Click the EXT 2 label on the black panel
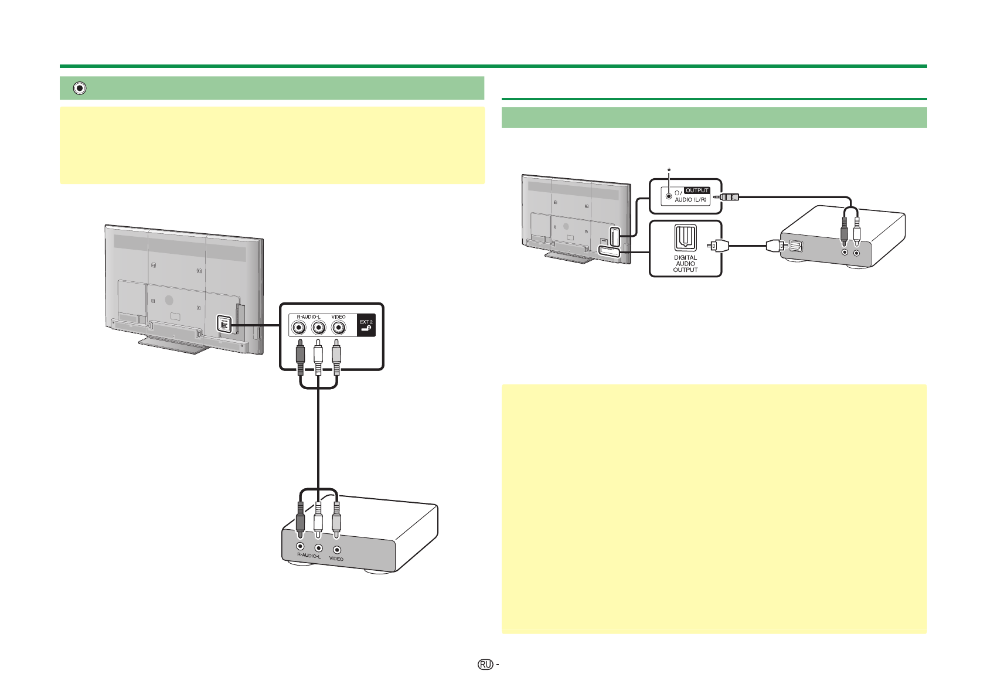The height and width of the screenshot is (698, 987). click(x=366, y=322)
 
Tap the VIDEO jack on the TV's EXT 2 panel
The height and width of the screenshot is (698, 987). click(x=338, y=328)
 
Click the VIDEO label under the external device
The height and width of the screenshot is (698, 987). click(x=336, y=559)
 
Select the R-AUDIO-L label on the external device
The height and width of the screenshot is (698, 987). click(x=309, y=556)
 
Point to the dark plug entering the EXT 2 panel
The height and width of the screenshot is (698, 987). click(x=300, y=356)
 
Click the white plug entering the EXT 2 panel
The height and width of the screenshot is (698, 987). click(x=318, y=356)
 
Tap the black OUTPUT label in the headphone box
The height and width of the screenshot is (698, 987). click(x=697, y=190)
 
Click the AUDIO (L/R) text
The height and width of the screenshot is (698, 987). click(x=690, y=200)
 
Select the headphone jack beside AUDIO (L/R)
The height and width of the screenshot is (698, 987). click(x=669, y=196)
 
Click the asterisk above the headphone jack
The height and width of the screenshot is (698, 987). click(x=669, y=170)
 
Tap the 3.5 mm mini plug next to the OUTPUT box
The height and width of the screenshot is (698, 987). click(x=726, y=197)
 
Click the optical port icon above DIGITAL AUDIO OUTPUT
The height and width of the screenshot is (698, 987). click(x=685, y=237)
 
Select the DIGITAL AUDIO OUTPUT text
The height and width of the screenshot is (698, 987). click(x=685, y=264)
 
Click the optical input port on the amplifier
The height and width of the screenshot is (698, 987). click(x=796, y=246)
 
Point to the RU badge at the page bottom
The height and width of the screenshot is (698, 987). click(x=485, y=665)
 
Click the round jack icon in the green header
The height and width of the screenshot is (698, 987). click(x=79, y=88)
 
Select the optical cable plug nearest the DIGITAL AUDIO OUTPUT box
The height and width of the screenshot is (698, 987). click(x=718, y=245)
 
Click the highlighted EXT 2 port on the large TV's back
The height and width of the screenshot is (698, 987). click(x=224, y=324)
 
